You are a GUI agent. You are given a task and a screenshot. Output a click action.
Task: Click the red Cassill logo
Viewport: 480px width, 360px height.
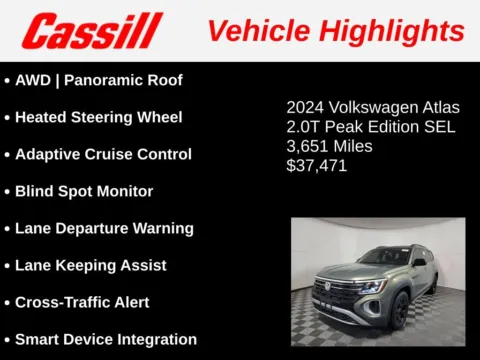[91, 30]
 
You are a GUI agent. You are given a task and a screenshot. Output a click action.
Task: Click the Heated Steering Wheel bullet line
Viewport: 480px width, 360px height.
[98, 117]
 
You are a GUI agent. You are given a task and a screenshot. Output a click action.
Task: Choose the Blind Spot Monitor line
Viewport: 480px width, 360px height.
[84, 191]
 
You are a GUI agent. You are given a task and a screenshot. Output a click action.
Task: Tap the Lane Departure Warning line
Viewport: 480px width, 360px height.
[104, 228]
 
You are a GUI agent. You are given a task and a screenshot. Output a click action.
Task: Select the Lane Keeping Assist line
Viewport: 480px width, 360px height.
[90, 265]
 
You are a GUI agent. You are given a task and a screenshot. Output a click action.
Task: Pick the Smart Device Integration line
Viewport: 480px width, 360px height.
[105, 339]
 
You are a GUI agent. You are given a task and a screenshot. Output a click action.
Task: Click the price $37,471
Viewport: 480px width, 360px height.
[317, 166]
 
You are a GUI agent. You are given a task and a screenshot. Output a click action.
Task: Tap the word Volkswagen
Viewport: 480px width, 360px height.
[371, 107]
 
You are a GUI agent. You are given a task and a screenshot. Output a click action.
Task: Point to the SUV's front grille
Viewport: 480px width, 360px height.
[337, 293]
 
